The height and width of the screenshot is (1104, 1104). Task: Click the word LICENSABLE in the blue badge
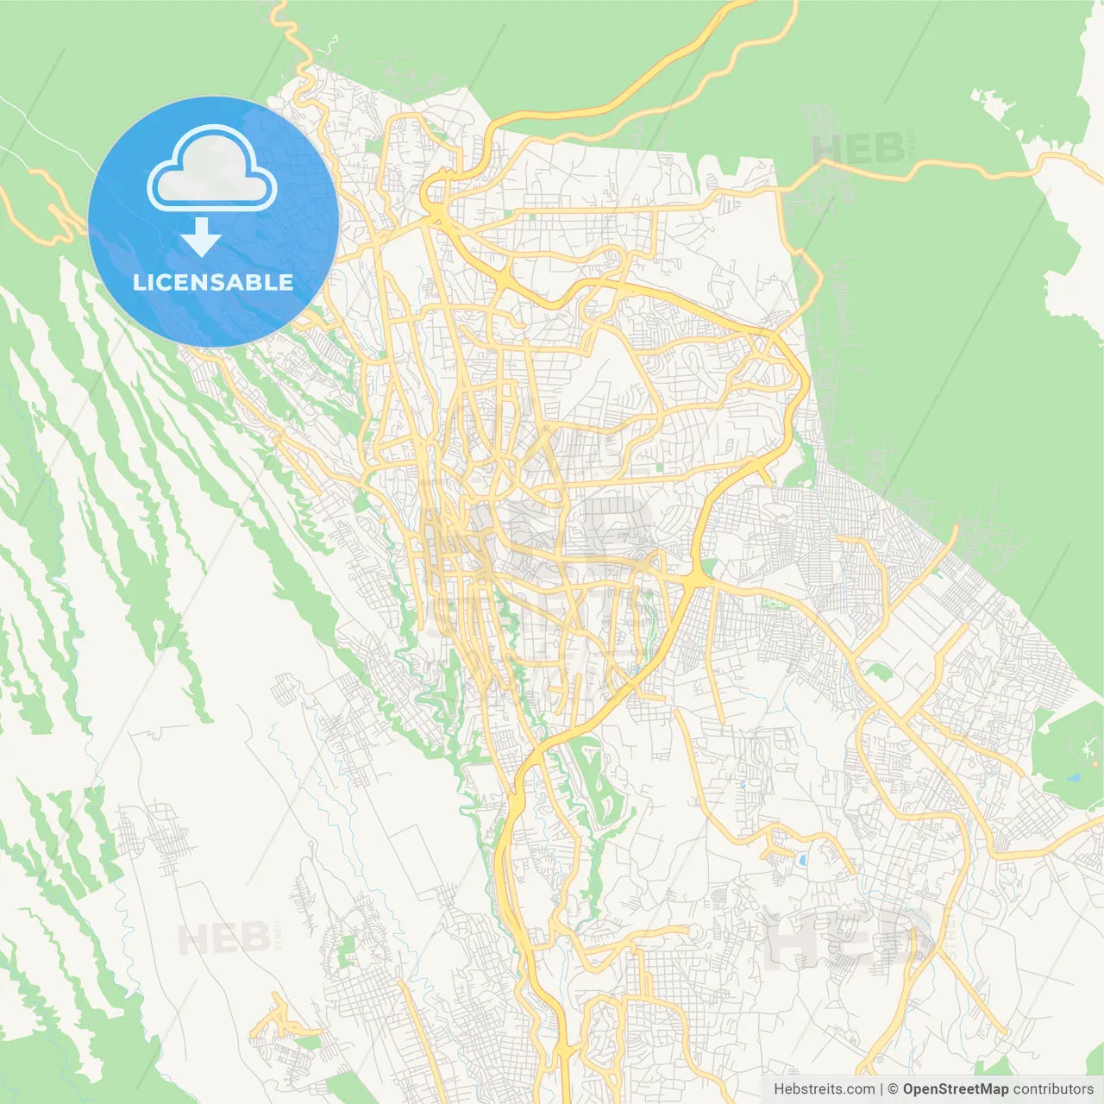(213, 282)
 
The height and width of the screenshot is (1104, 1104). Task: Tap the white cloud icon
(212, 171)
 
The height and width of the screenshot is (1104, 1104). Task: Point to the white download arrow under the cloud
(202, 236)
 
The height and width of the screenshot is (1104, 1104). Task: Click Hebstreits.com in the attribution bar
(824, 1089)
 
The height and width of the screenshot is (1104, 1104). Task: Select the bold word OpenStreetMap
(955, 1089)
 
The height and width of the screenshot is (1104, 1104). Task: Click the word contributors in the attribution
(1053, 1089)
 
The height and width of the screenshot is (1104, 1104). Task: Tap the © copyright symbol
(893, 1089)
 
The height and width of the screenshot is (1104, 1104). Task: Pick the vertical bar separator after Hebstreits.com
(881, 1089)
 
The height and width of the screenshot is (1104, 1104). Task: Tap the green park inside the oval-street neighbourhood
(345, 949)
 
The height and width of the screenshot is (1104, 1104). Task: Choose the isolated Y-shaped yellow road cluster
(280, 1022)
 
